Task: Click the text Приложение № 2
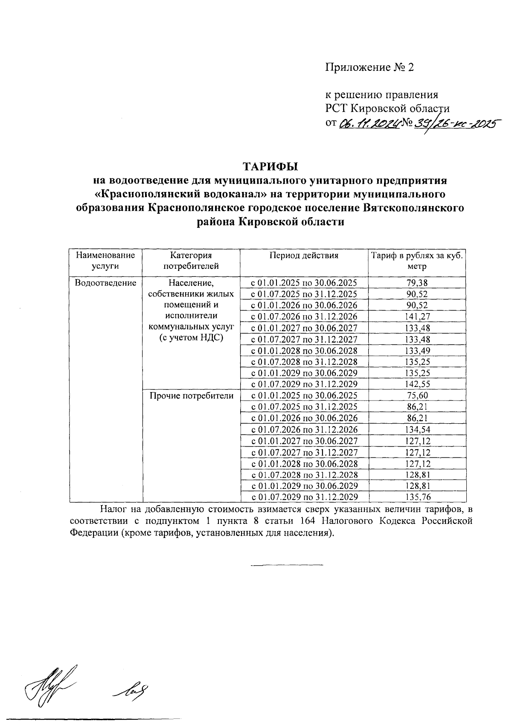(x=370, y=67)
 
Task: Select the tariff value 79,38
(x=417, y=282)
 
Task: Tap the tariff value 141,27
(x=417, y=316)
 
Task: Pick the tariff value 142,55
(x=417, y=384)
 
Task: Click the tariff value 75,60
(x=417, y=395)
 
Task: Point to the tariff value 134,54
(x=417, y=429)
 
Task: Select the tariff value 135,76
(x=417, y=497)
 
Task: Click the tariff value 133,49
(x=417, y=350)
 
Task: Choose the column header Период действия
(x=304, y=256)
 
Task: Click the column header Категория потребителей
(x=191, y=261)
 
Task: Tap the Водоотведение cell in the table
(x=105, y=282)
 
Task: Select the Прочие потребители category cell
(x=191, y=395)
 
